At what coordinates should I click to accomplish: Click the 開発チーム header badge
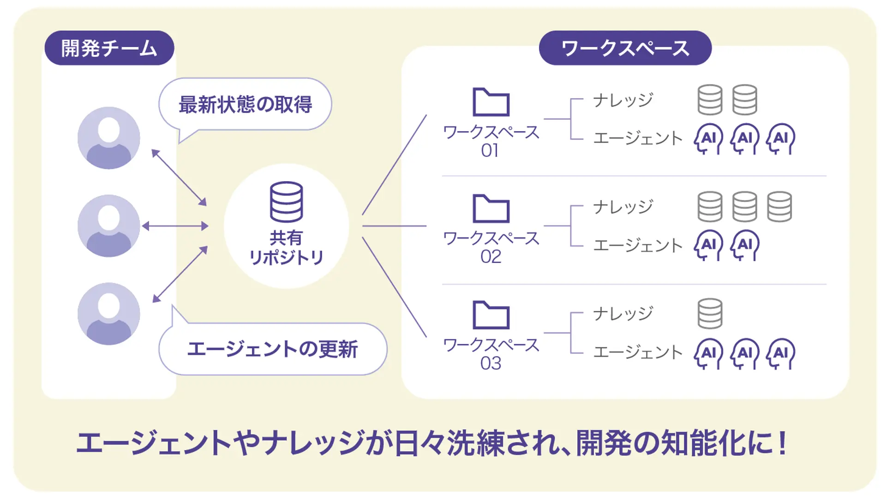[x=109, y=48]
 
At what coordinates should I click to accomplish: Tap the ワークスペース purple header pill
[x=625, y=48]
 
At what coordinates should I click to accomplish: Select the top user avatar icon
[x=109, y=138]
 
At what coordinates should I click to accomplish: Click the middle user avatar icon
[x=109, y=226]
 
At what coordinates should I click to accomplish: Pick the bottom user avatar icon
[x=109, y=314]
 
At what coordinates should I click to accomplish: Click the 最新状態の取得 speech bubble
[x=245, y=104]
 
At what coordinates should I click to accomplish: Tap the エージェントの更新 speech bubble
[x=272, y=349]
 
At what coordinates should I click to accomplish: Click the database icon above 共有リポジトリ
[x=286, y=202]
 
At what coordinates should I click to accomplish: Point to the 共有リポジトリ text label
[x=286, y=248]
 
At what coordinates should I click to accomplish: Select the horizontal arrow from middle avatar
[x=175, y=226]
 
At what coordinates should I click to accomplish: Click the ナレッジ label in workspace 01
[x=623, y=100]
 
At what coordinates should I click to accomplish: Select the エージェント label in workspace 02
[x=637, y=245]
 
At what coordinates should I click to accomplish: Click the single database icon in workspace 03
[x=710, y=313]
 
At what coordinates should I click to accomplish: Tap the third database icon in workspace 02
[x=779, y=207]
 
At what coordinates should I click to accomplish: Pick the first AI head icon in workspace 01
[x=708, y=138]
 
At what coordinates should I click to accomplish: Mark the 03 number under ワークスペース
[x=491, y=364]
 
